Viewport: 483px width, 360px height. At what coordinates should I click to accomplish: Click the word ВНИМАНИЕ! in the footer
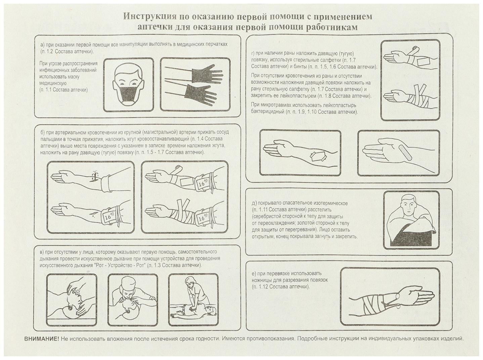[x=41, y=339]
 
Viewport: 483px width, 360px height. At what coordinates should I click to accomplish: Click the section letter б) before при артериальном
[x=42, y=132]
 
